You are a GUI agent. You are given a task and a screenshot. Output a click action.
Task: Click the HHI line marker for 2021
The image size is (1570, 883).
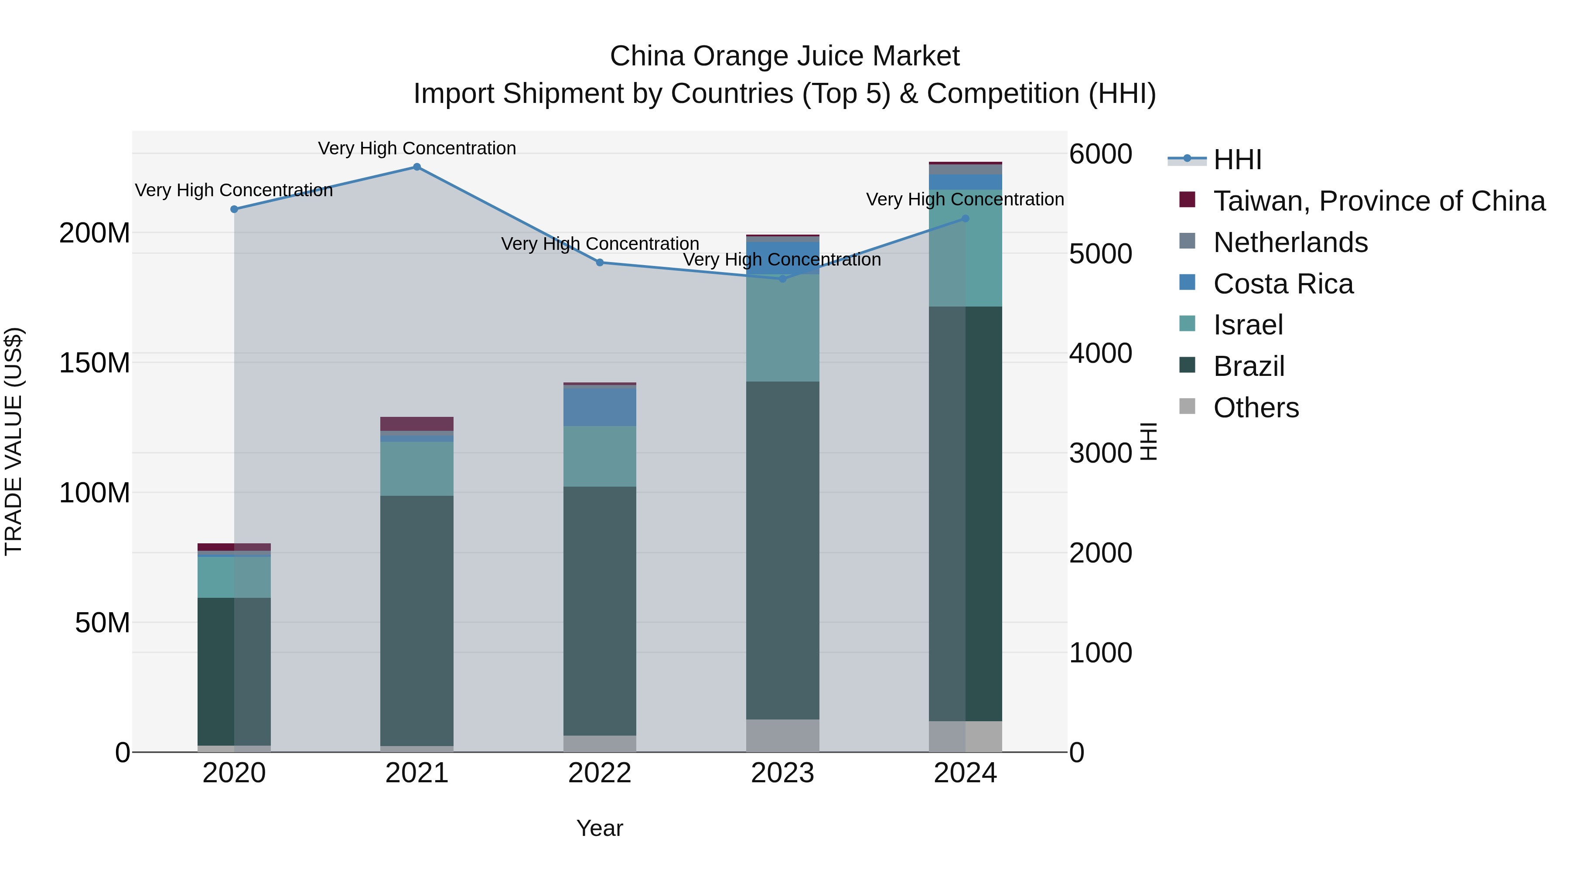[417, 167]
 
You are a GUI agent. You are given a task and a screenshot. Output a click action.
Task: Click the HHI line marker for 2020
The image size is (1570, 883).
[234, 209]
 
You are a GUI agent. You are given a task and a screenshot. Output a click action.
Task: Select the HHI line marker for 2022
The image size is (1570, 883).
[600, 263]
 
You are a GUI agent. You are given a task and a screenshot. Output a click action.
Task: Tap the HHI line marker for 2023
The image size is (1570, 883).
[782, 279]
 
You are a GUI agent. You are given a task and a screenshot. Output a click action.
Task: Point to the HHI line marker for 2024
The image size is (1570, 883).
[966, 218]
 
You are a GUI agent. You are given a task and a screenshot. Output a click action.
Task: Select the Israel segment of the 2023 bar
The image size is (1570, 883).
[782, 328]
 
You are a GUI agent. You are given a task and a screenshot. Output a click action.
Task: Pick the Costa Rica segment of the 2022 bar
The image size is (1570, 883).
[600, 407]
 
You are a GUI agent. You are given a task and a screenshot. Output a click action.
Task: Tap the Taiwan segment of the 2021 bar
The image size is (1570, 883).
[417, 423]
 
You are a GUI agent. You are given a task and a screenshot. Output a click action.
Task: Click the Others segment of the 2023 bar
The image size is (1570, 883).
[782, 736]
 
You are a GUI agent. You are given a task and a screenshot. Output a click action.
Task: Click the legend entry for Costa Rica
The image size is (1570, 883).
[1283, 284]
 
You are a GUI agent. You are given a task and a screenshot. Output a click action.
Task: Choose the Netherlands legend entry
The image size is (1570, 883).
[1290, 242]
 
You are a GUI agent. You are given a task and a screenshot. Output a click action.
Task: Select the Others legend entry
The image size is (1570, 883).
[1256, 408]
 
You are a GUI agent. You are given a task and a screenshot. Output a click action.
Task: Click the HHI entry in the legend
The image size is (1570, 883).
[1237, 160]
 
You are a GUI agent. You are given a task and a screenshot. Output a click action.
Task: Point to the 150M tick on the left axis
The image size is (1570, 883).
[95, 363]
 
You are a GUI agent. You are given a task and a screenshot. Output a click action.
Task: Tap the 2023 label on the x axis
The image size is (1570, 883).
[782, 773]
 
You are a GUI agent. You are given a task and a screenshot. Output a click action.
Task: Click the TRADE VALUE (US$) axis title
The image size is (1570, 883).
[14, 441]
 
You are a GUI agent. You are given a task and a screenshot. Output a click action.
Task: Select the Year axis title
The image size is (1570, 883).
[600, 828]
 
